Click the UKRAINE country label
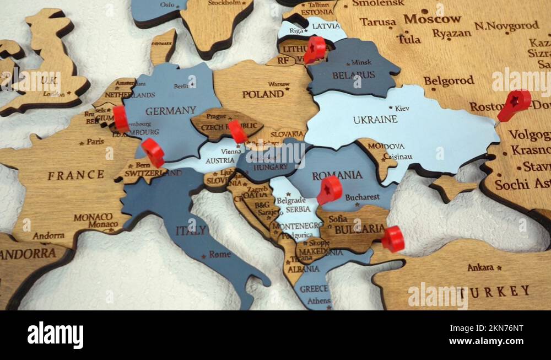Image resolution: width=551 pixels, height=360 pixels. [375, 120]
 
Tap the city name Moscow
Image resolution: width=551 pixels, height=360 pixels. [432, 19]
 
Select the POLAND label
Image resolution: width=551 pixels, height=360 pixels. [263, 94]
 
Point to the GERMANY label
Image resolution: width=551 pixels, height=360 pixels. [170, 111]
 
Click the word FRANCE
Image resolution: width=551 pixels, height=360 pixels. [75, 175]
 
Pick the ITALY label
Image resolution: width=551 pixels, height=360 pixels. [191, 230]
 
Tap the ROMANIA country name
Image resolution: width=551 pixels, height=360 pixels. [337, 176]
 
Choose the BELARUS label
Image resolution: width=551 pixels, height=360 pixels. [354, 75]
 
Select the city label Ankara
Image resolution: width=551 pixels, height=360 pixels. [480, 267]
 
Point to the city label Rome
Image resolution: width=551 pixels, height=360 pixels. [220, 255]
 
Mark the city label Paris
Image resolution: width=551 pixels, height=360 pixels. [95, 141]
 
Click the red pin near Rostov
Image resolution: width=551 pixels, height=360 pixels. [515, 103]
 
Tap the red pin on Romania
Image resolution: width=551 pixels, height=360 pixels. [330, 189]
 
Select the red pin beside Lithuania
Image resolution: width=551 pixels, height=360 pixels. [315, 49]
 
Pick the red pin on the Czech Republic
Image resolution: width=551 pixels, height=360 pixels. [237, 131]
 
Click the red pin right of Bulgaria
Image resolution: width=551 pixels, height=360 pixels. [393, 239]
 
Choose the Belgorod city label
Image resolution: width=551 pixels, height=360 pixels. [449, 81]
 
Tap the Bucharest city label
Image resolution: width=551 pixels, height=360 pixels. [362, 197]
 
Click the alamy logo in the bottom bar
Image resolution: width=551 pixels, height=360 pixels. [55, 335]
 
